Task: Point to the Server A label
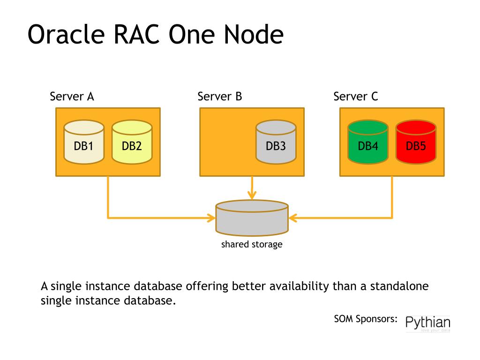pos(72,97)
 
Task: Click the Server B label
pos(219,97)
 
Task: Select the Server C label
pos(355,97)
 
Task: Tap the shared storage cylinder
pos(252,218)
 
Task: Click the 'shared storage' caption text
pos(252,244)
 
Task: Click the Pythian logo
pos(427,323)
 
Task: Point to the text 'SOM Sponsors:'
pos(366,319)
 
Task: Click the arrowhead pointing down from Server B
pos(253,195)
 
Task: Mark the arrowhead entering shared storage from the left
pos(211,218)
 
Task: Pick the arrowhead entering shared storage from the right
pos(293,218)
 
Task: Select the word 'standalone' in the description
pos(399,286)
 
